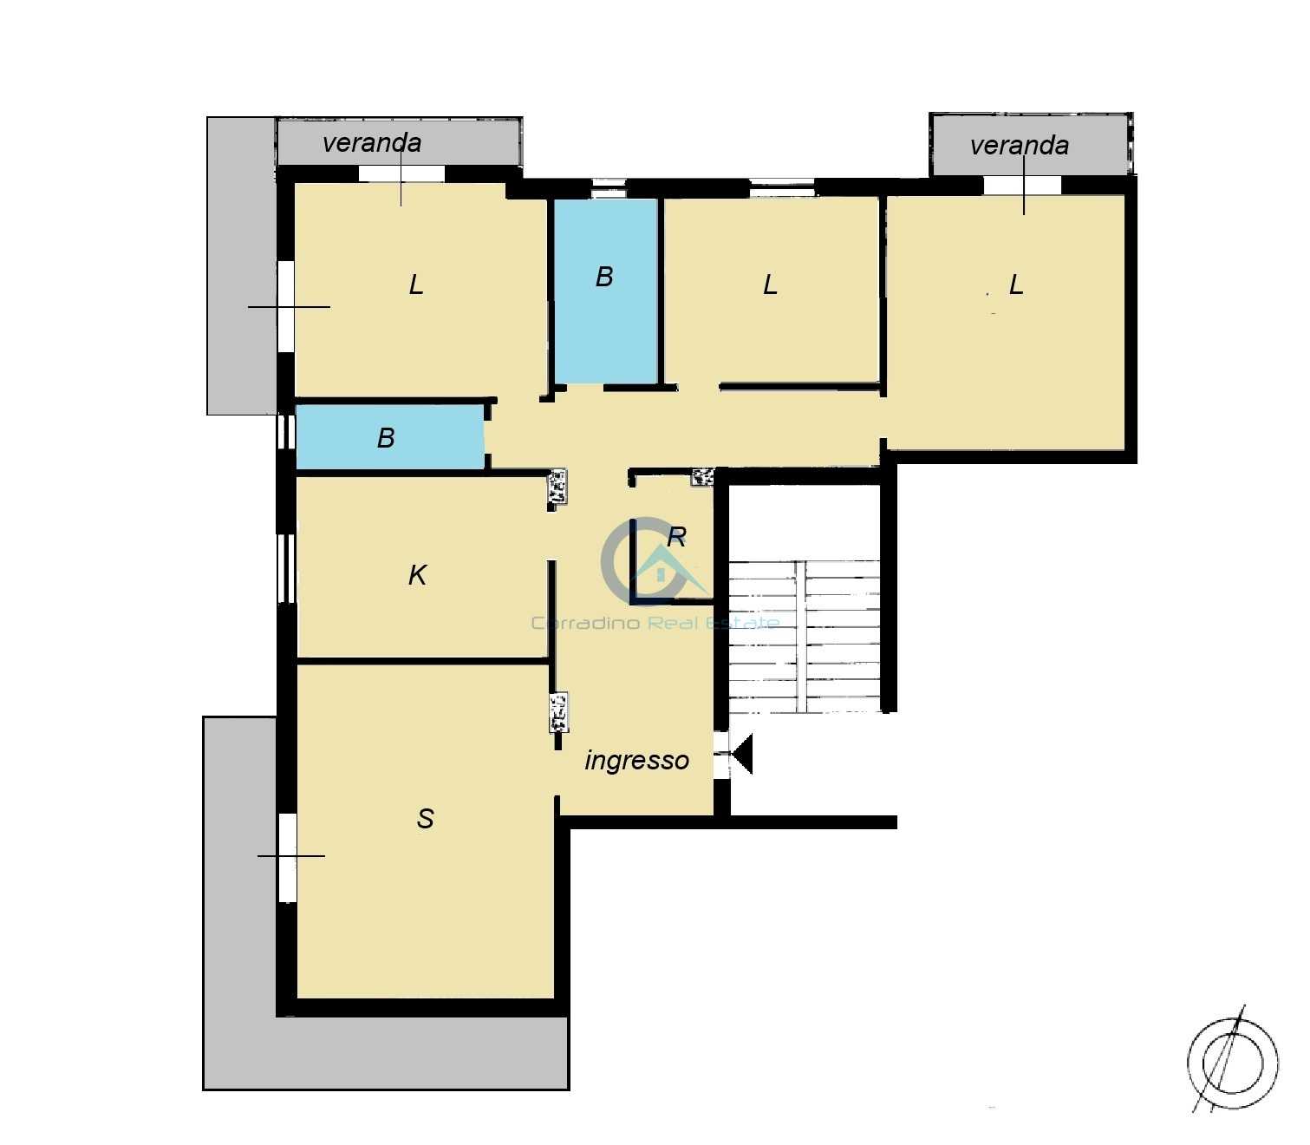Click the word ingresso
coord(636,761)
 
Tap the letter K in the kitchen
coord(418,574)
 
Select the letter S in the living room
coord(425,818)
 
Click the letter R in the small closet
coord(677,537)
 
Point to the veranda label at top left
coord(372,143)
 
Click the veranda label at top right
coord(1020,146)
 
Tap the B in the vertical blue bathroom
coord(603,277)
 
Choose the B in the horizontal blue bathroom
coord(386,438)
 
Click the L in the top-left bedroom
coord(416,285)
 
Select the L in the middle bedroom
coord(770,285)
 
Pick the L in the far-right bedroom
coord(1016,285)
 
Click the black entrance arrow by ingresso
coord(742,754)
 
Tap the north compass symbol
coord(1233,1063)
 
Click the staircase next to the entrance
coord(805,637)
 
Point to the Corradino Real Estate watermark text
coord(655,623)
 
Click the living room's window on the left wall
coord(288,857)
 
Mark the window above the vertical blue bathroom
coord(608,187)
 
